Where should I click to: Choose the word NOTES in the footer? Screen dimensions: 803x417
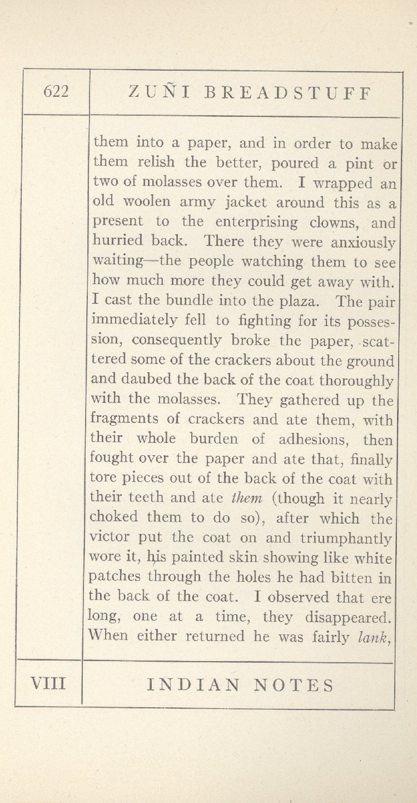[294, 685]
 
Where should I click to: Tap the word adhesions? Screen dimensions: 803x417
[314, 440]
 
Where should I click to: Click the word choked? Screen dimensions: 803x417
[113, 518]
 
